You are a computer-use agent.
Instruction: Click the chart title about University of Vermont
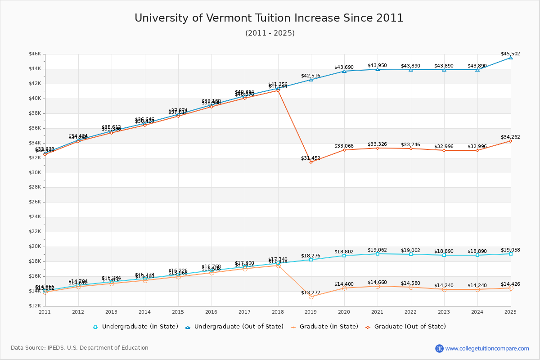[x=269, y=18]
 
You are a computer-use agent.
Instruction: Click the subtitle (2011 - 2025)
[x=270, y=33]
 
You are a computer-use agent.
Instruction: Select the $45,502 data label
[x=510, y=54]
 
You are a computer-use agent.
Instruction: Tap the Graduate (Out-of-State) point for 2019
[x=311, y=162]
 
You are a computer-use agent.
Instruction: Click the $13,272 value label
[x=310, y=293]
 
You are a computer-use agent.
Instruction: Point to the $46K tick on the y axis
[x=35, y=54]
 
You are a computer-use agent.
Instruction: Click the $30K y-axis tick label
[x=35, y=173]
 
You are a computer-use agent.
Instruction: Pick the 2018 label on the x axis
[x=278, y=312]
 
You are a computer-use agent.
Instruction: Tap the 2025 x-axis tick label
[x=510, y=312]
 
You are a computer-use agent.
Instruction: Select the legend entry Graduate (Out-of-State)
[x=409, y=327]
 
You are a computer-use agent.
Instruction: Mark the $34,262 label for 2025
[x=510, y=137]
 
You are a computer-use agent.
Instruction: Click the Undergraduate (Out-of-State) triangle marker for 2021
[x=378, y=69]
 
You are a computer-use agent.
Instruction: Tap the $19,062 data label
[x=377, y=250]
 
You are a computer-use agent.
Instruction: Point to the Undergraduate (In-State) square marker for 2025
[x=511, y=254]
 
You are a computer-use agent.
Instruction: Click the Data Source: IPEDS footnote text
[x=80, y=348]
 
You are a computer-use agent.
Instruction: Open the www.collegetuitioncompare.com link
[x=487, y=348]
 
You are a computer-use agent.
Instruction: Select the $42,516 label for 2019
[x=310, y=76]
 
